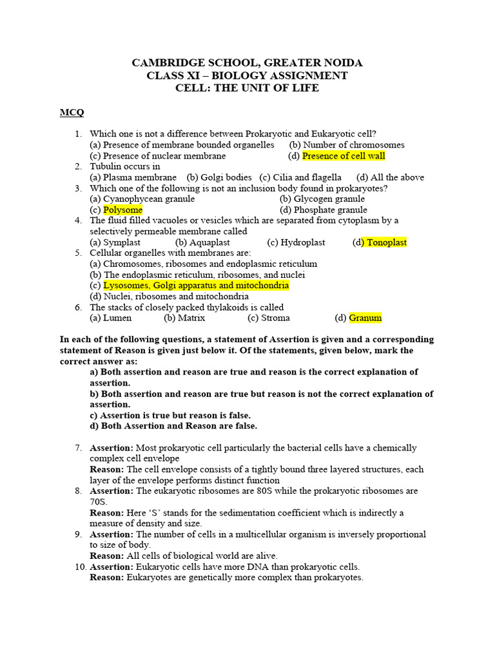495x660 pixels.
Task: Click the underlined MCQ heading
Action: [72, 113]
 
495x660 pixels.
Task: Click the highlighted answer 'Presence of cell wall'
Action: [344, 156]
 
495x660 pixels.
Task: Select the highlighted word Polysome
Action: [122, 210]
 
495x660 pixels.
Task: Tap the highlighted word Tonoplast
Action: [386, 242]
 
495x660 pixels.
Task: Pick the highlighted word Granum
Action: [365, 318]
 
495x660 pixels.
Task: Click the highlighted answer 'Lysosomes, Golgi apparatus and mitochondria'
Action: [196, 286]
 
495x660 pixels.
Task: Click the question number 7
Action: [78, 448]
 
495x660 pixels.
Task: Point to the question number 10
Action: [77, 567]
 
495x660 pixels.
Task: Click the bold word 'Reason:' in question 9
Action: [107, 556]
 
